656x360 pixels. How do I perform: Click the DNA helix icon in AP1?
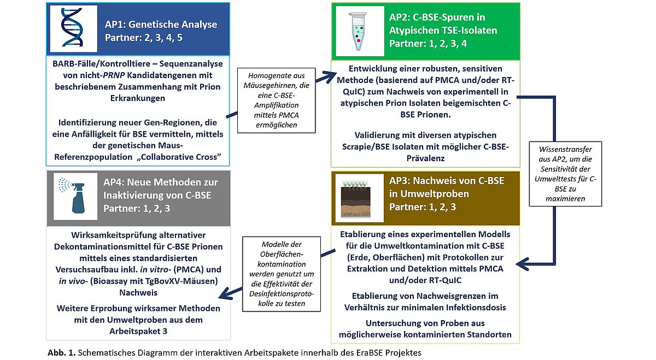pyautogui.click(x=72, y=27)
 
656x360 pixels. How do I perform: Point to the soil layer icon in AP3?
pyautogui.click(x=355, y=199)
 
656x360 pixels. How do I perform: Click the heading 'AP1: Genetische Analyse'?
pyautogui.click(x=161, y=24)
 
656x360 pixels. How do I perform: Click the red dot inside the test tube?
pyautogui.click(x=359, y=40)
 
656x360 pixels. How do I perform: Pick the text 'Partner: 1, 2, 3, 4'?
pyautogui.click(x=428, y=44)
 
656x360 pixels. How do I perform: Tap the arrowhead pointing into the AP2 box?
pyautogui.click(x=330, y=76)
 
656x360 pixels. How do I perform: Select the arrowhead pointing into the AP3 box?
pyautogui.click(x=522, y=264)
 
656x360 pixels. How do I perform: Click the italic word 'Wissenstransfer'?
pyautogui.click(x=565, y=149)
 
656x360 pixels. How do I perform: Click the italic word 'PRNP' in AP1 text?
pyautogui.click(x=114, y=75)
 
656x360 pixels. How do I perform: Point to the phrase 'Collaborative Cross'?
pyautogui.click(x=178, y=157)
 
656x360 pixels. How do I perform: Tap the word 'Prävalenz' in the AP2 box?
pyautogui.click(x=425, y=158)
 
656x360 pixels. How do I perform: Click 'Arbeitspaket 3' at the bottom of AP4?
pyautogui.click(x=138, y=331)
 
